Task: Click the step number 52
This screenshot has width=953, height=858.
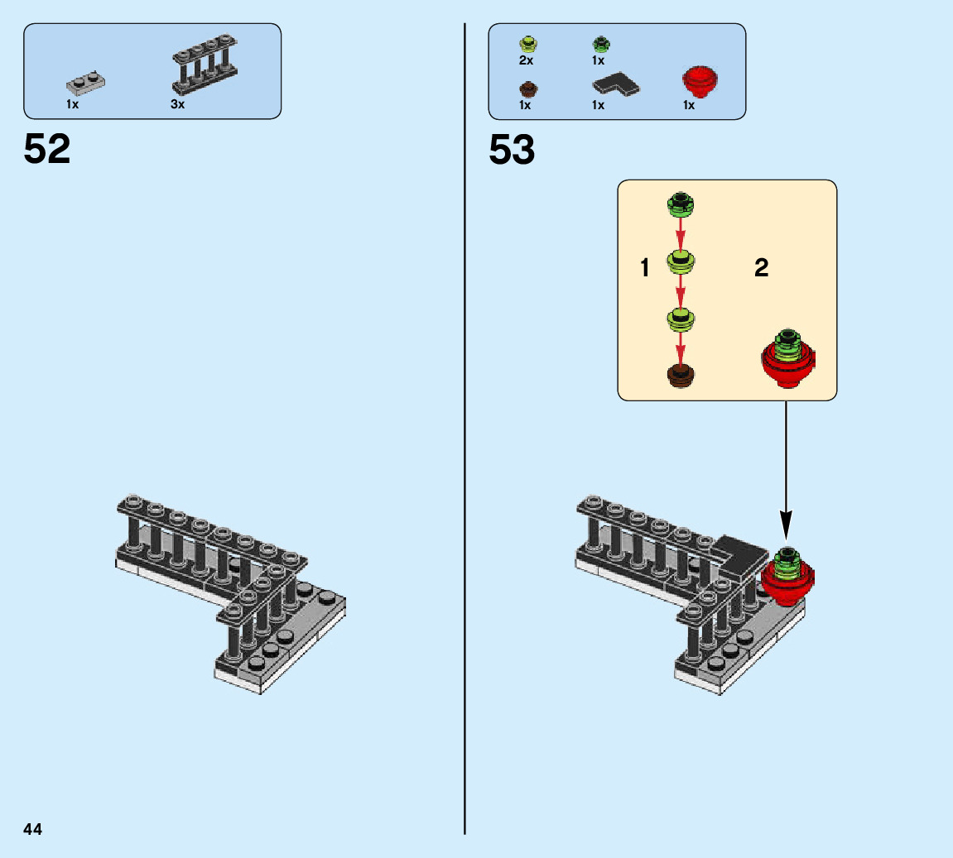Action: pyautogui.click(x=47, y=150)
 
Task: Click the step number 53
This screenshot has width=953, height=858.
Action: pyautogui.click(x=512, y=150)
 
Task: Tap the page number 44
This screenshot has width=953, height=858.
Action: pyautogui.click(x=33, y=829)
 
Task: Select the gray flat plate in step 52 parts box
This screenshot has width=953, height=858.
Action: pyautogui.click(x=85, y=83)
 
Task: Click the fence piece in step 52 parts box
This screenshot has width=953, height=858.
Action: pyautogui.click(x=205, y=65)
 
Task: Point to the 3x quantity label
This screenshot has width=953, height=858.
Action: pyautogui.click(x=178, y=105)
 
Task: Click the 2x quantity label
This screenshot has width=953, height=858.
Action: pyautogui.click(x=526, y=60)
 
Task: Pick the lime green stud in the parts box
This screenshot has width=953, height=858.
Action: pyautogui.click(x=527, y=43)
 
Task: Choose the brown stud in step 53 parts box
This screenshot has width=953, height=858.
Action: pyautogui.click(x=527, y=88)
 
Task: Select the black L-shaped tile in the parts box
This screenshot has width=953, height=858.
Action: pyautogui.click(x=617, y=84)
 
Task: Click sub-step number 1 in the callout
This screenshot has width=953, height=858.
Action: pyautogui.click(x=645, y=267)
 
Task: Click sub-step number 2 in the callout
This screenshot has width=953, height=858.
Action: pyautogui.click(x=761, y=267)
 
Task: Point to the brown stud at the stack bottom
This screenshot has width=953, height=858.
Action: pyautogui.click(x=681, y=375)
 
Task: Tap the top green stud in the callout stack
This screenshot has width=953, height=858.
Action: pyautogui.click(x=681, y=202)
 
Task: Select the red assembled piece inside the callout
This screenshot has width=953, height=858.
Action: pyautogui.click(x=787, y=361)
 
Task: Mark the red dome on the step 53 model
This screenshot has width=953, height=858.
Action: pyautogui.click(x=787, y=578)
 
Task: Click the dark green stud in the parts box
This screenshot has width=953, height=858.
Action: pyautogui.click(x=599, y=43)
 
